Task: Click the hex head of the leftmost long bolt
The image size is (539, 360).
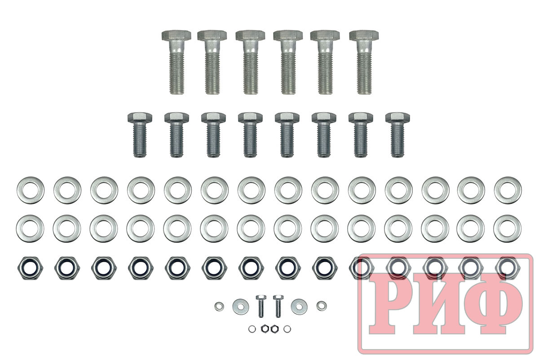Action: pos(177,35)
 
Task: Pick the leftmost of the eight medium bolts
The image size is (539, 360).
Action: pos(140,135)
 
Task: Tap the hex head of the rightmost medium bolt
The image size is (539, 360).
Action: pos(398,117)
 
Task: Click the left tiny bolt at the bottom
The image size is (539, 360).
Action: pos(261,306)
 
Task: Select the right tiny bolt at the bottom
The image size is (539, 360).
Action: pos(278,306)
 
